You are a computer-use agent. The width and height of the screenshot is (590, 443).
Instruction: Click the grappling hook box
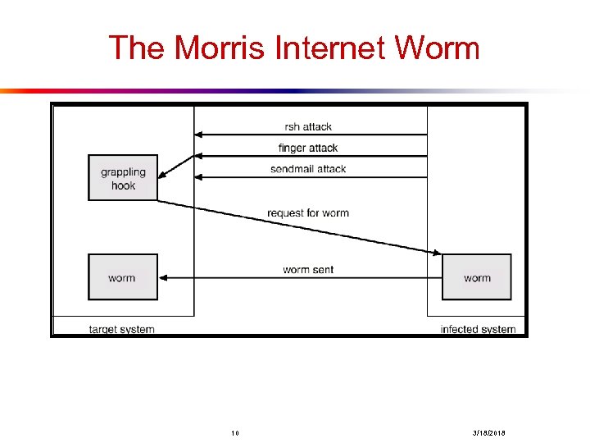123,178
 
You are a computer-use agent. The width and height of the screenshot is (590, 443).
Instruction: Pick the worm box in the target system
122,277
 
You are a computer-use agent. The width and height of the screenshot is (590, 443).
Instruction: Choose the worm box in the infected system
476,277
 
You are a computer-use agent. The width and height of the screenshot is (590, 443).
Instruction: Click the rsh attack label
308,126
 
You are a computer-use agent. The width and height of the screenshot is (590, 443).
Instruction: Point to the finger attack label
308,148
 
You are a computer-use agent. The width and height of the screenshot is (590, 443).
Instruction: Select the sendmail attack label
308,169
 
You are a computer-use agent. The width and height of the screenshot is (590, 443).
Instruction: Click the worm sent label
308,270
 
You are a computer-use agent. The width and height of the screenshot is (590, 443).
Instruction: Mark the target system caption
121,329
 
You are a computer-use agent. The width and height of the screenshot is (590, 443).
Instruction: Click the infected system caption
479,329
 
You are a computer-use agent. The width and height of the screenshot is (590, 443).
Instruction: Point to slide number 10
234,432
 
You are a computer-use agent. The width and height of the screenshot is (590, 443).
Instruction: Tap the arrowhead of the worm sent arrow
162,277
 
